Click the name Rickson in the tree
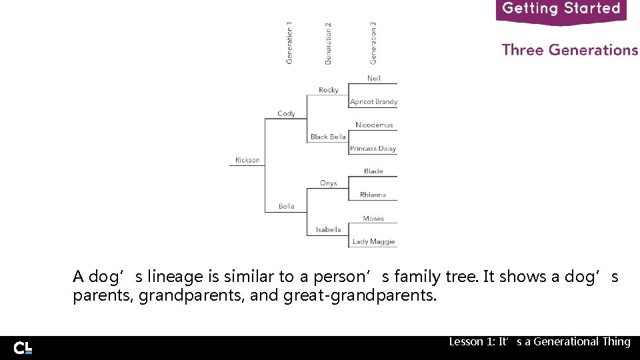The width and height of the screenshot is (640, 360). tap(247, 160)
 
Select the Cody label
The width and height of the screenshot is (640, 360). tap(286, 113)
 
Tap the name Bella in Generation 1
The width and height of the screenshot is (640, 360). tap(287, 206)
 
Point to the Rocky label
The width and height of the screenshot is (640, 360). tap(329, 90)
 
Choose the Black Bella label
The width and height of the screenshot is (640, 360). tap(328, 137)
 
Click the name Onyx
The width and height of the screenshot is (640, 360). tap(329, 183)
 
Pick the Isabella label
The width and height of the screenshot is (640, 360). tap(329, 229)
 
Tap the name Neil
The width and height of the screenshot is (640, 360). tap(374, 78)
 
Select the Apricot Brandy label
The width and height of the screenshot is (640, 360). tap(374, 102)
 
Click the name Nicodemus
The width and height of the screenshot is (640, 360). tap(374, 125)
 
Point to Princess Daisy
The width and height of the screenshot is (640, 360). tap(373, 149)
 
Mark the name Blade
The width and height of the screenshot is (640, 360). tap(374, 171)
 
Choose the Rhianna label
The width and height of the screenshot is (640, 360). tap(373, 195)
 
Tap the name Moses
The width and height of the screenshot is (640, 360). tap(373, 218)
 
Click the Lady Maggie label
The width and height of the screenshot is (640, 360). tap(373, 241)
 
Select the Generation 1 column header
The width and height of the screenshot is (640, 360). tap(289, 43)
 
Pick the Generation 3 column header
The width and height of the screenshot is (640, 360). tap(373, 43)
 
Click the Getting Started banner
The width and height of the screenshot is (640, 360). tap(561, 9)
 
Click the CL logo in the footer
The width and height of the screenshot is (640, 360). tap(23, 347)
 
